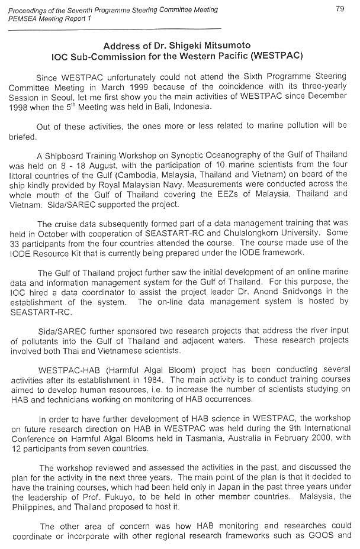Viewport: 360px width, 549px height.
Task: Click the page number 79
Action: tap(339, 9)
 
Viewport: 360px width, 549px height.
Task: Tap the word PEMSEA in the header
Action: tap(17, 18)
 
